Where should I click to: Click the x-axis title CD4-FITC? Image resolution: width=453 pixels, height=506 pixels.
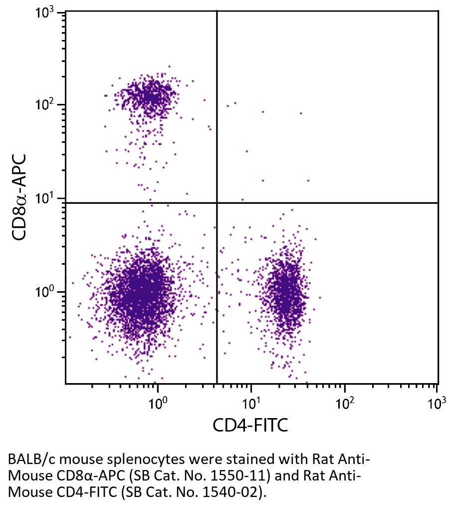pyautogui.click(x=250, y=426)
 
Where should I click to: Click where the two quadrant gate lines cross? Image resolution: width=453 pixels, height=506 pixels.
pyautogui.click(x=217, y=203)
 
